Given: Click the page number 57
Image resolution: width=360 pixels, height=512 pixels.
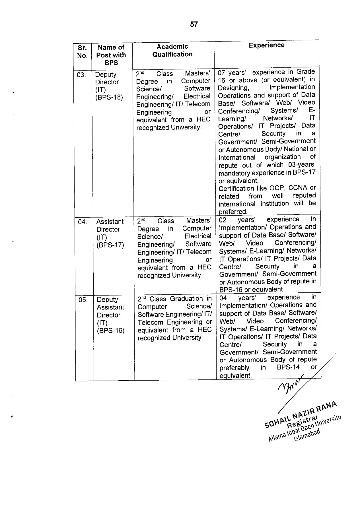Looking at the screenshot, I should [194, 24].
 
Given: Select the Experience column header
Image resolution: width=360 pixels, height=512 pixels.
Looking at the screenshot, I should [266, 45].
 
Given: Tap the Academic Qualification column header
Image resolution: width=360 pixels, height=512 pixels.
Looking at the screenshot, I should [172, 50].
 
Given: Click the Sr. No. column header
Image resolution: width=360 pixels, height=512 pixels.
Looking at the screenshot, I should [82, 51].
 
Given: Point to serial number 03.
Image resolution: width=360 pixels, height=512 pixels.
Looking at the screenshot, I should [81, 75].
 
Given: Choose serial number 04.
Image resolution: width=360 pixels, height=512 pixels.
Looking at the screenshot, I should [82, 222].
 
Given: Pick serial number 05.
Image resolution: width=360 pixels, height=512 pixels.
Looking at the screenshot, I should [83, 300].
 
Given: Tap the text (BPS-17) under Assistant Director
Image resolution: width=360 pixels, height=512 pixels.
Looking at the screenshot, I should [110, 245].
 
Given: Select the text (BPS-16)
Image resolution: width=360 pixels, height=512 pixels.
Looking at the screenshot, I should [111, 331].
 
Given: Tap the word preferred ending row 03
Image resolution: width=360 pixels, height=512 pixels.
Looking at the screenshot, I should [233, 212].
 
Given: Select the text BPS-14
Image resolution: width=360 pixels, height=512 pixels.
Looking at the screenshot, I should [288, 367].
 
